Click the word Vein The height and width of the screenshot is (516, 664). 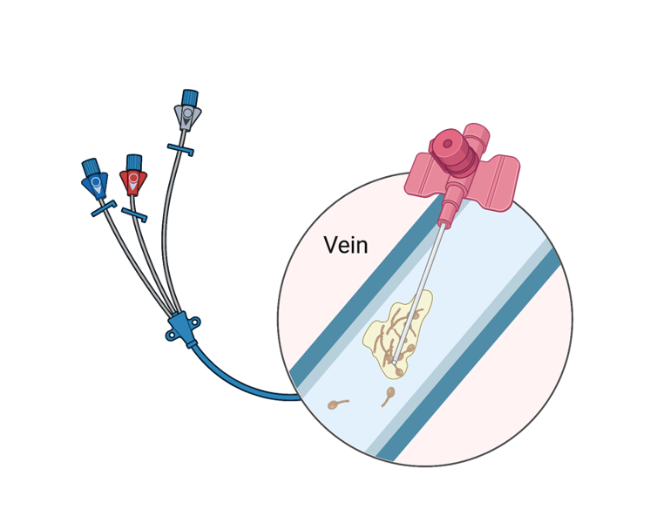[345, 245]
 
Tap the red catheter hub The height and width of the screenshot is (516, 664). [133, 182]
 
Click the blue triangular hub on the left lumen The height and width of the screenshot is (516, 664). [94, 184]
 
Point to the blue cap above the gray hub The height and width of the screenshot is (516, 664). [189, 96]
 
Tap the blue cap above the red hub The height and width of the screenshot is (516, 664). [133, 162]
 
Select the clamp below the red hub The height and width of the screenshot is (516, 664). [133, 214]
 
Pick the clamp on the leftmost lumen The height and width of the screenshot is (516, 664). [103, 209]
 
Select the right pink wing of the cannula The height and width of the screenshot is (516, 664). [498, 180]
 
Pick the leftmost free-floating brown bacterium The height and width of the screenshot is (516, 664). [337, 403]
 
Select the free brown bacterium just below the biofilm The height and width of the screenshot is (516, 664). [388, 397]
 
